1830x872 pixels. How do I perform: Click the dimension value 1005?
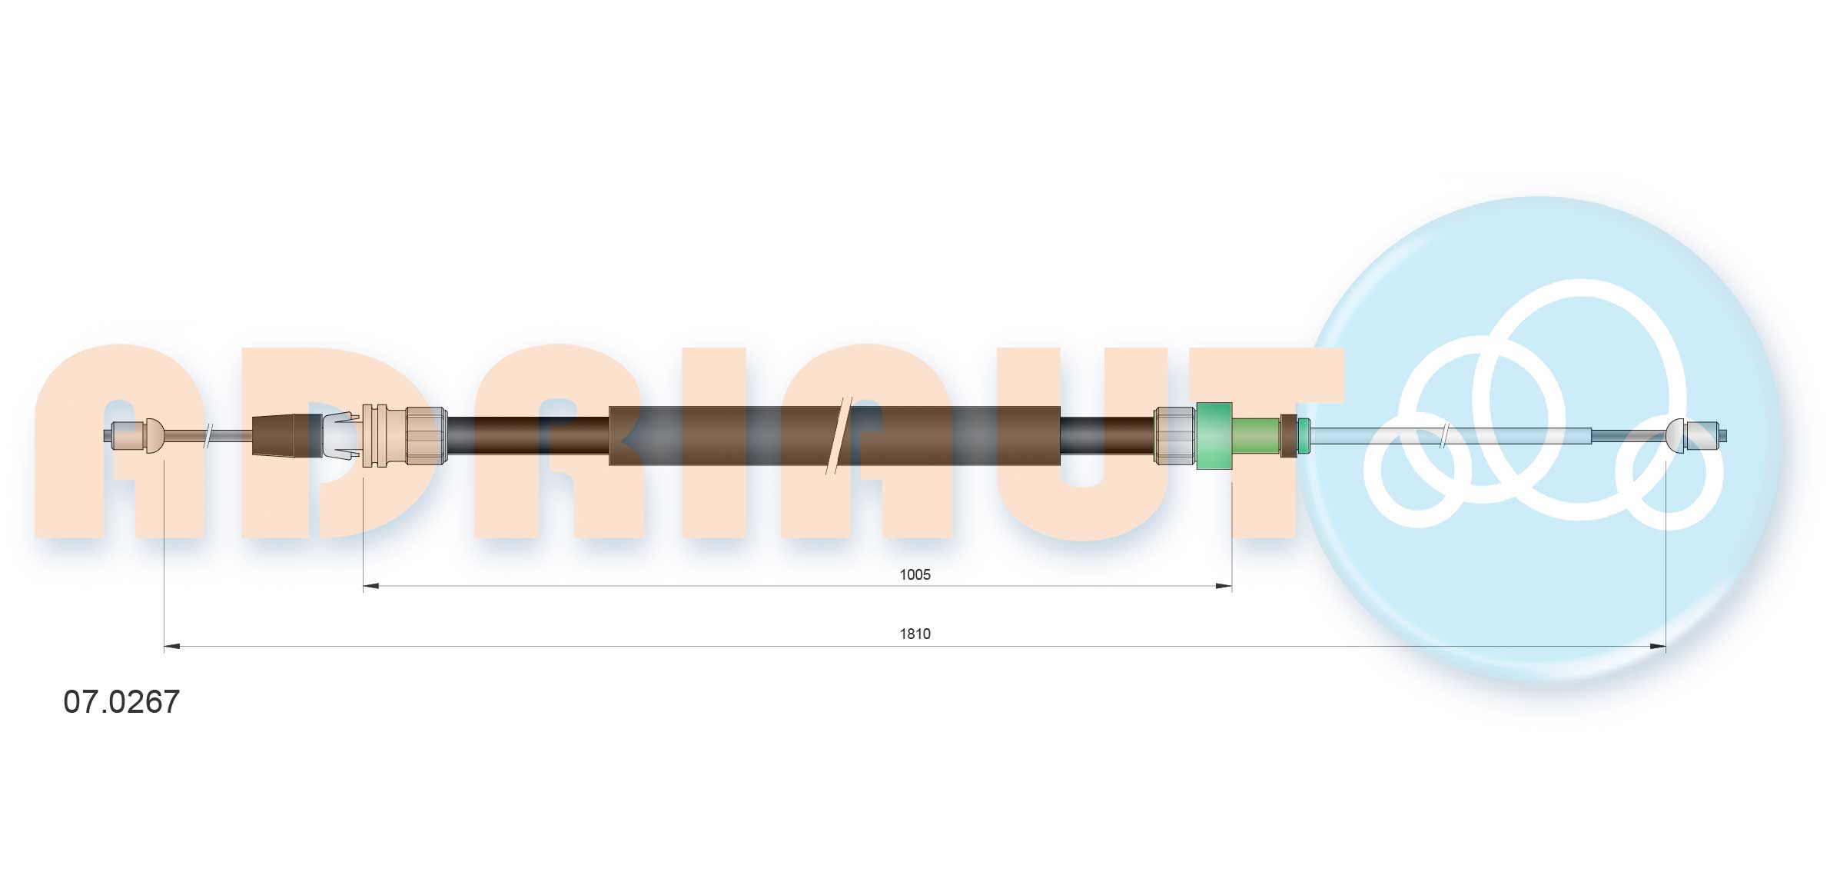pos(915,574)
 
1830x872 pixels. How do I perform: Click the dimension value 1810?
pos(915,634)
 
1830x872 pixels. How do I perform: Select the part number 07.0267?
pos(121,701)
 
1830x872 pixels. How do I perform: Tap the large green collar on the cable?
pos(1214,435)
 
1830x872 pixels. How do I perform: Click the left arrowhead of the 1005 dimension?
pos(371,587)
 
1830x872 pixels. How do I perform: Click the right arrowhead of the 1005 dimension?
pos(1224,587)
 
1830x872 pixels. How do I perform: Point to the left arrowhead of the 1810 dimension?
pos(172,647)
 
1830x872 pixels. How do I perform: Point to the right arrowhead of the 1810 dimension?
pos(1658,647)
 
